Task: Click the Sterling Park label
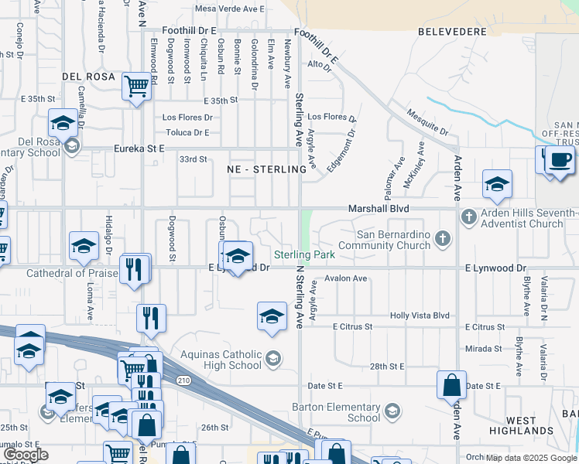(x=304, y=254)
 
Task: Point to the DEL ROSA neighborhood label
(x=88, y=77)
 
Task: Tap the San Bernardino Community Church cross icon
(x=443, y=237)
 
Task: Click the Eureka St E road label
(x=139, y=148)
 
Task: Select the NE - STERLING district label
(x=262, y=169)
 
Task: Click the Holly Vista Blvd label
(x=420, y=316)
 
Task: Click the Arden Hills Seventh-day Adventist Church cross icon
(x=468, y=217)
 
